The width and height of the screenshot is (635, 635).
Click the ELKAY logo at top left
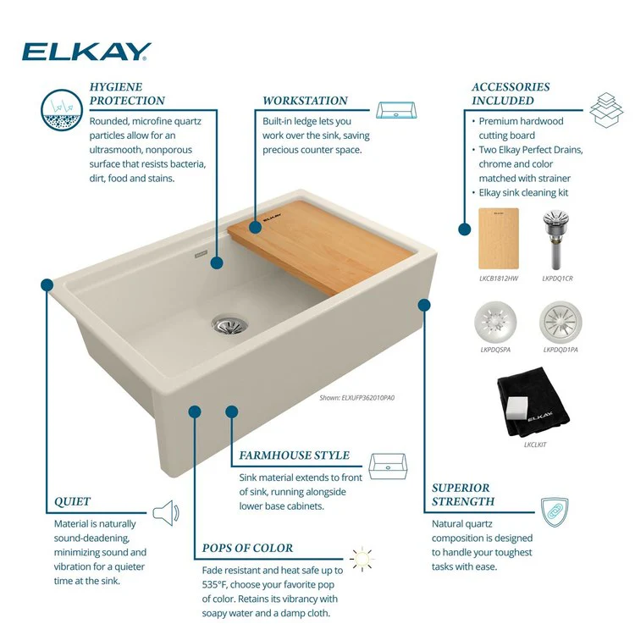86,52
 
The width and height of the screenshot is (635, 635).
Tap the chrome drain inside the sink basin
229,323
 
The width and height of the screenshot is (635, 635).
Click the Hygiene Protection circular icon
62,110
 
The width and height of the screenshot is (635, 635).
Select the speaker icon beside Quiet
166,513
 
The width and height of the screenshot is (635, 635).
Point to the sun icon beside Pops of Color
362,559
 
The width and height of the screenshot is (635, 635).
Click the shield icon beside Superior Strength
555,512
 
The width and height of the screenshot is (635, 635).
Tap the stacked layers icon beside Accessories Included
606,110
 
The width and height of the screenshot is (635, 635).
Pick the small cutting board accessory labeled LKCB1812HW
499,239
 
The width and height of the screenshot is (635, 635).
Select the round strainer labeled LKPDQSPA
495,322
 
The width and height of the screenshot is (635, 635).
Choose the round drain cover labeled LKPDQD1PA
560,322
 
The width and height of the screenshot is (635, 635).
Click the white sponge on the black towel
516,408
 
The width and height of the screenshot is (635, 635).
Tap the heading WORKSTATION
305,101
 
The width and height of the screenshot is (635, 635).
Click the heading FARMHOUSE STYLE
294,456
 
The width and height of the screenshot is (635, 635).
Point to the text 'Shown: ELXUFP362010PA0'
356,398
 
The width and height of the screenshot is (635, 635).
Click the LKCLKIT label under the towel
535,444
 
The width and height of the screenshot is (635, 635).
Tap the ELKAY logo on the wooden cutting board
272,218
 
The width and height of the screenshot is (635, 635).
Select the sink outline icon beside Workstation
396,110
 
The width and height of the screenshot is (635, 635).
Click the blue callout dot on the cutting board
255,227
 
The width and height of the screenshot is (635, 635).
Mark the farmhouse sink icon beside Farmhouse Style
388,467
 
